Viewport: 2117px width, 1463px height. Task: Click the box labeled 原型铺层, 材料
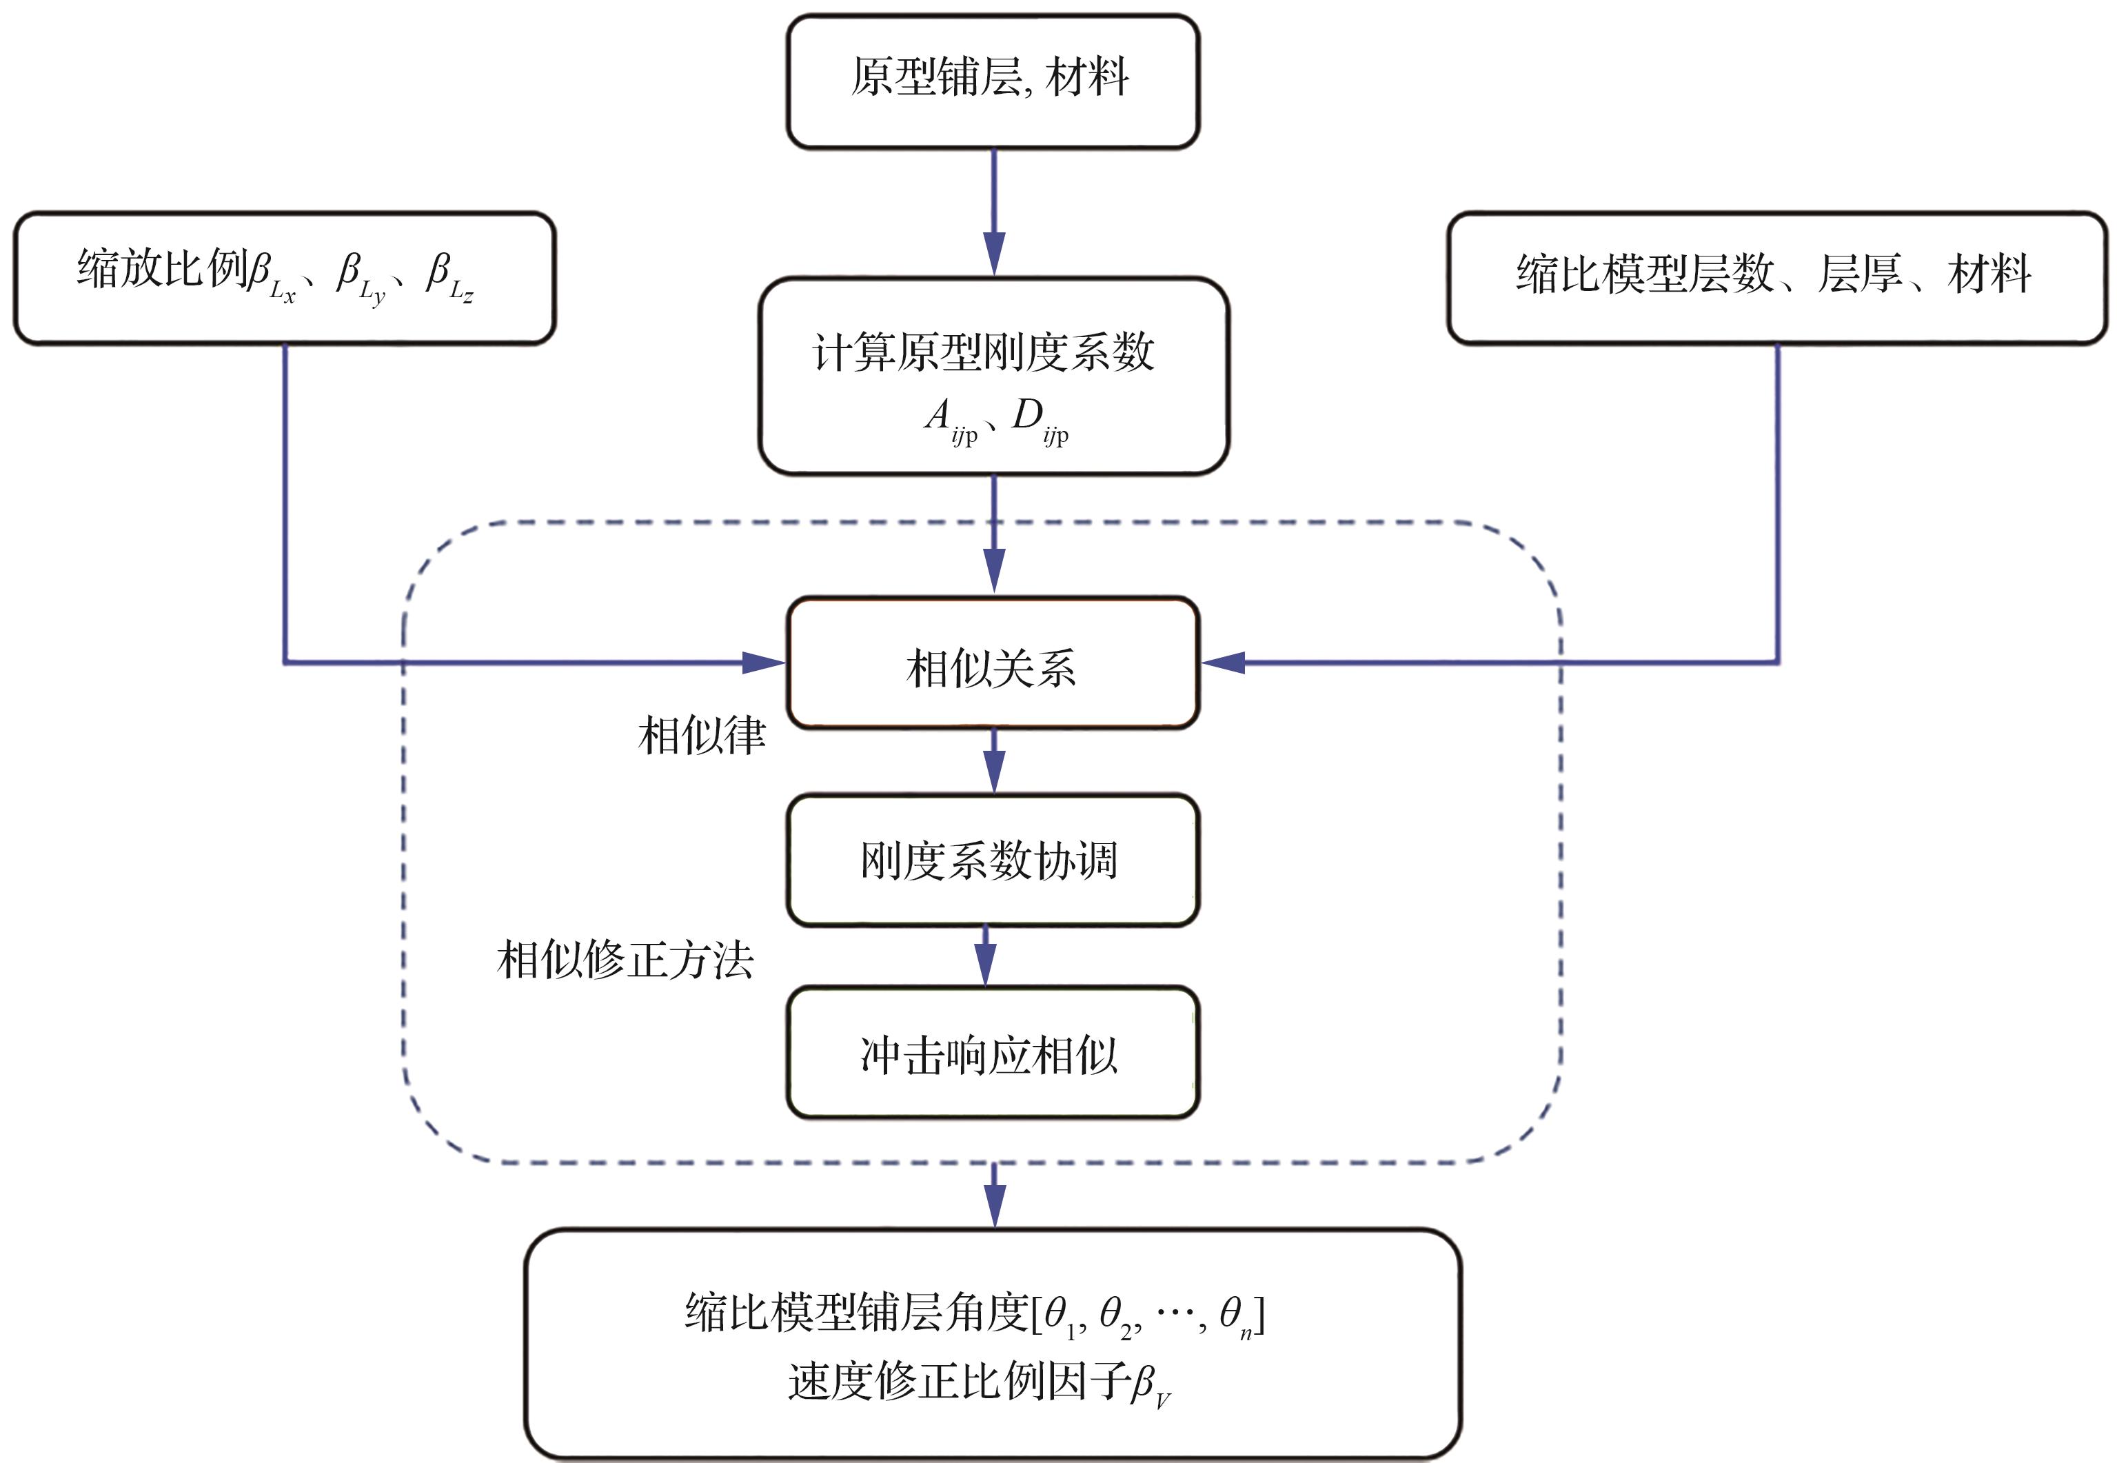[993, 81]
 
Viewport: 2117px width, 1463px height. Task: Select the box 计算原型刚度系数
[993, 376]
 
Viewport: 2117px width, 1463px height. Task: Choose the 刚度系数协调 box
[993, 860]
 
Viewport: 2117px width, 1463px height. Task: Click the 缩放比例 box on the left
[284, 278]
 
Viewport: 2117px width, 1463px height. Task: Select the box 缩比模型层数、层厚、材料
[1776, 278]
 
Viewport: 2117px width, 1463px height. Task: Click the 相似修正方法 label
[625, 960]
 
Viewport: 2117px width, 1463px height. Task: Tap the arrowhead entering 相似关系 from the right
[1224, 662]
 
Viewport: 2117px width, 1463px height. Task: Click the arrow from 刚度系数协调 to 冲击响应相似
[985, 957]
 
